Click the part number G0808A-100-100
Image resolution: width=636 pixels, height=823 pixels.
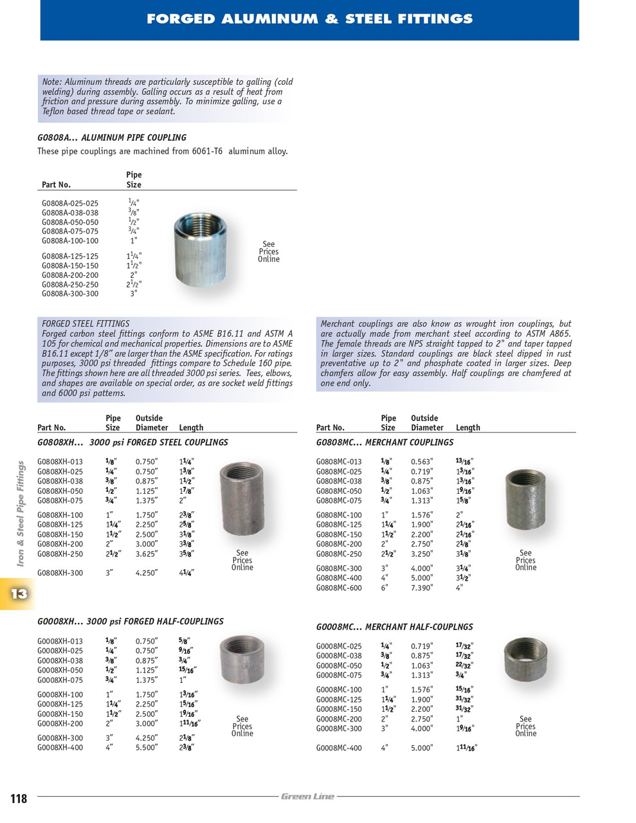(70, 241)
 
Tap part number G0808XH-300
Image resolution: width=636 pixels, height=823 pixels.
(60, 573)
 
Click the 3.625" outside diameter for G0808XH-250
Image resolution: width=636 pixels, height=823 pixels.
(147, 554)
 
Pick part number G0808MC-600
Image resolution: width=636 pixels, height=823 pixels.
(339, 588)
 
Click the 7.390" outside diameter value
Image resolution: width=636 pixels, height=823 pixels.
(422, 588)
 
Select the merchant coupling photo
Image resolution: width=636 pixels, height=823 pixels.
(525, 500)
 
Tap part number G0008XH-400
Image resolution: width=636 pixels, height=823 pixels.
(60, 748)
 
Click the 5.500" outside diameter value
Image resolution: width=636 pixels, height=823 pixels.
(147, 748)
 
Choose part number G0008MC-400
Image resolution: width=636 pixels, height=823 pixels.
(339, 748)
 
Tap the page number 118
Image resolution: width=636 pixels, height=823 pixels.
(19, 799)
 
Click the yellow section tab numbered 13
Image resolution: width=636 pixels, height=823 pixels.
(18, 593)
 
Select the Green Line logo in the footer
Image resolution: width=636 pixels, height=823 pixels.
(307, 797)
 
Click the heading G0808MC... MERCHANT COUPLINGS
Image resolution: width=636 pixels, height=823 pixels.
(385, 442)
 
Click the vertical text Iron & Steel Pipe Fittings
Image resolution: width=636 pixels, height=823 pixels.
(21, 513)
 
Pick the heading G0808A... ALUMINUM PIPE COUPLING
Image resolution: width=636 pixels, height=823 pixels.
(112, 138)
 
